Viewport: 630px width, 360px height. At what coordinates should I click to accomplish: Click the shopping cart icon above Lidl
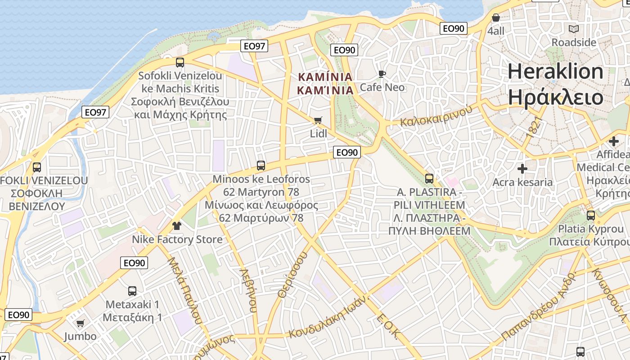tap(318, 120)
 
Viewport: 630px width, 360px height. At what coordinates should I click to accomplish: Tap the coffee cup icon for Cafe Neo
tap(382, 74)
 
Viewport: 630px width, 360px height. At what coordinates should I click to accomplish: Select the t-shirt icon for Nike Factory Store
tap(177, 225)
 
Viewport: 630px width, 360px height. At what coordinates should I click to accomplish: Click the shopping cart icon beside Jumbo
tap(81, 323)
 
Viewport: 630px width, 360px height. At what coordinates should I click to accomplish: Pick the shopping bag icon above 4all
tap(496, 18)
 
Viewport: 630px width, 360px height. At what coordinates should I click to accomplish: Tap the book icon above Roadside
tap(574, 29)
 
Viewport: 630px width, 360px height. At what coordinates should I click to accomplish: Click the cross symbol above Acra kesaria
tap(522, 169)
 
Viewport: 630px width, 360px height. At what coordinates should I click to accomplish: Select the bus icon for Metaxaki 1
tap(132, 291)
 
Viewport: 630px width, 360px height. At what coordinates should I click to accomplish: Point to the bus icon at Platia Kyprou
tap(591, 215)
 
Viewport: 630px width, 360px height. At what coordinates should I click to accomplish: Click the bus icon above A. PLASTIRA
tap(429, 179)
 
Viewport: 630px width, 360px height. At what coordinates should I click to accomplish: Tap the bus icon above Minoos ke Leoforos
tap(261, 165)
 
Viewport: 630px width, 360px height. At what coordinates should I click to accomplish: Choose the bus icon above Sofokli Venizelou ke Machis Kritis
tap(180, 62)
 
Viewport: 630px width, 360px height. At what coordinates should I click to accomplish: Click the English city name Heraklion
tap(556, 72)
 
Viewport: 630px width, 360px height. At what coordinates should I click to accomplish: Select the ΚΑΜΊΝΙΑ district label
tap(325, 77)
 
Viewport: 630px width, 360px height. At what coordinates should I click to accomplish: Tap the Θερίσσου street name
tap(292, 274)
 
